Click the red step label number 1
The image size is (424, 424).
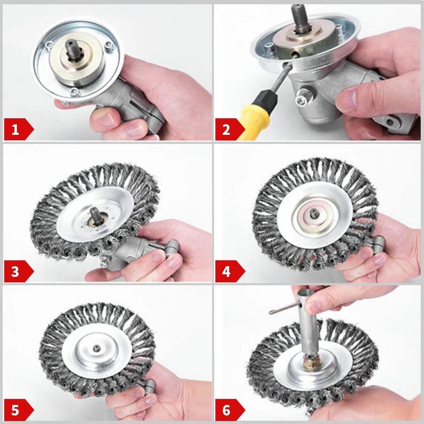(16, 129)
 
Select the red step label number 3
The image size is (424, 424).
(16, 271)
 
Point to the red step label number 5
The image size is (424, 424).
(16, 410)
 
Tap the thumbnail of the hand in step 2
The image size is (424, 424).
(347, 100)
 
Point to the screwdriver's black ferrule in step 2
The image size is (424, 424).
(271, 100)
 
